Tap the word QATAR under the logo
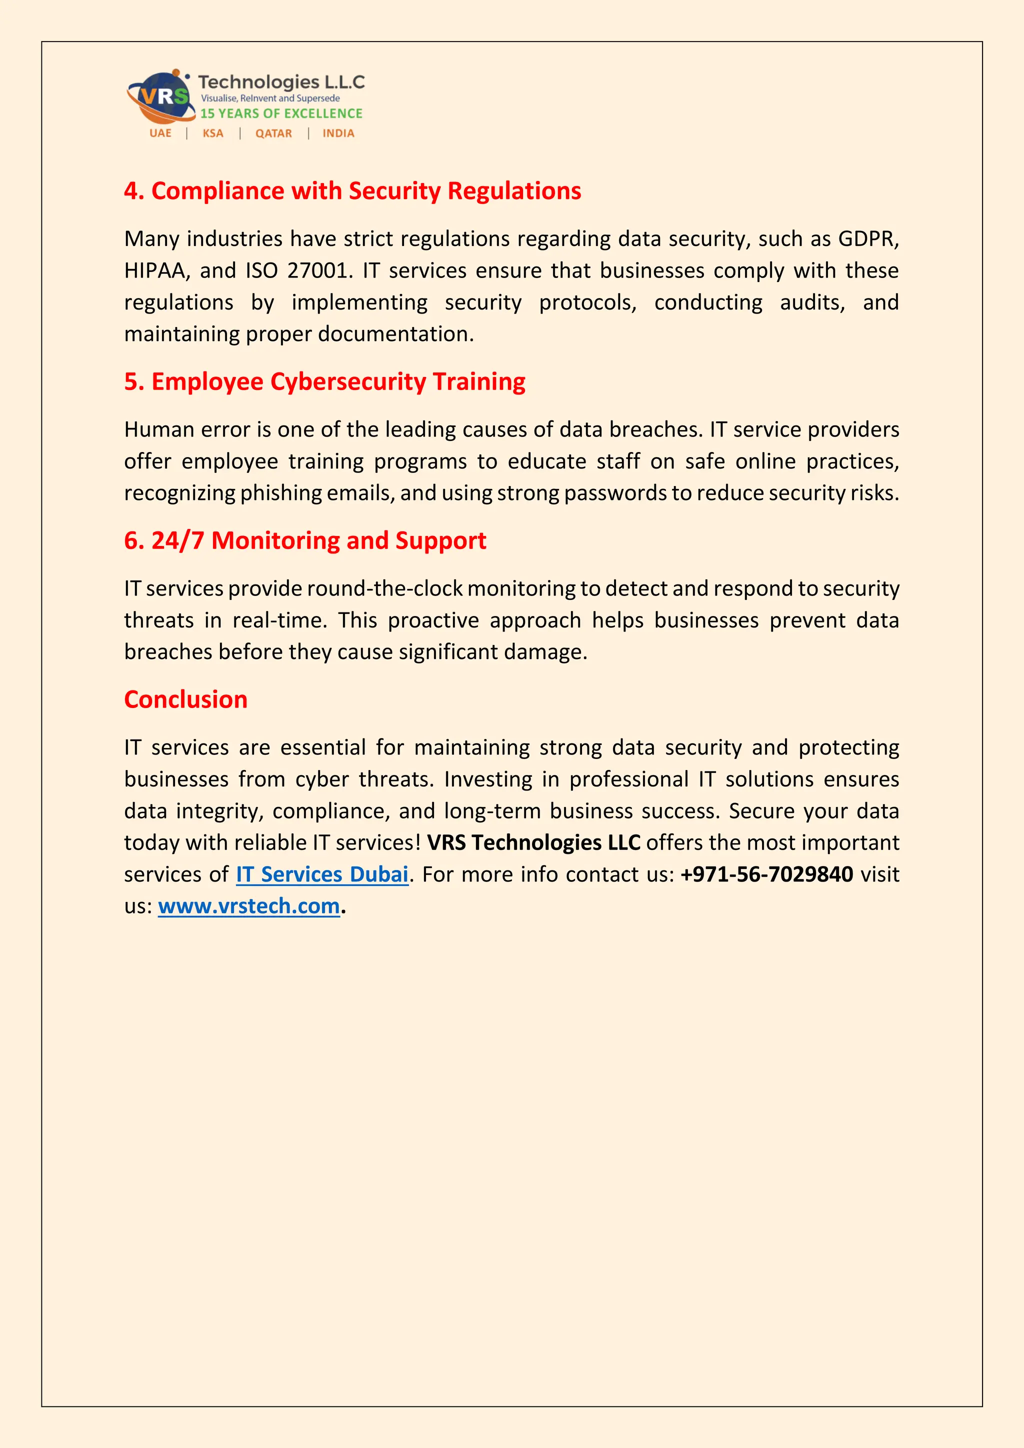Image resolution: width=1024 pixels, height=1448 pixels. pos(273,133)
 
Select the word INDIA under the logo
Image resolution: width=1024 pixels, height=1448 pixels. pos(338,133)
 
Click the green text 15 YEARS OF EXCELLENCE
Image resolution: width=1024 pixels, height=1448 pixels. pos(281,113)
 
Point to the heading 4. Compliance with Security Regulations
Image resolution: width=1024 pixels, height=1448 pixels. pos(352,190)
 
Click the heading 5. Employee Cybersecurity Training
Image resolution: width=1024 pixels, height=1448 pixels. pos(324,381)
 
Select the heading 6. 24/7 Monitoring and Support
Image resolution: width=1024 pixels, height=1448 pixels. pos(305,540)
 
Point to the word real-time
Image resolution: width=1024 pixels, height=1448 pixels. pos(279,620)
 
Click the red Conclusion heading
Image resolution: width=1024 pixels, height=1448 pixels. pos(185,699)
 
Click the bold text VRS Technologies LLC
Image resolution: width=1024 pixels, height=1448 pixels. pos(533,842)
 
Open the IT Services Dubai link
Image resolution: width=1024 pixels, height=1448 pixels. pos(322,874)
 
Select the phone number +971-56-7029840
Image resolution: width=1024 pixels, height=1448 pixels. pos(766,874)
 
